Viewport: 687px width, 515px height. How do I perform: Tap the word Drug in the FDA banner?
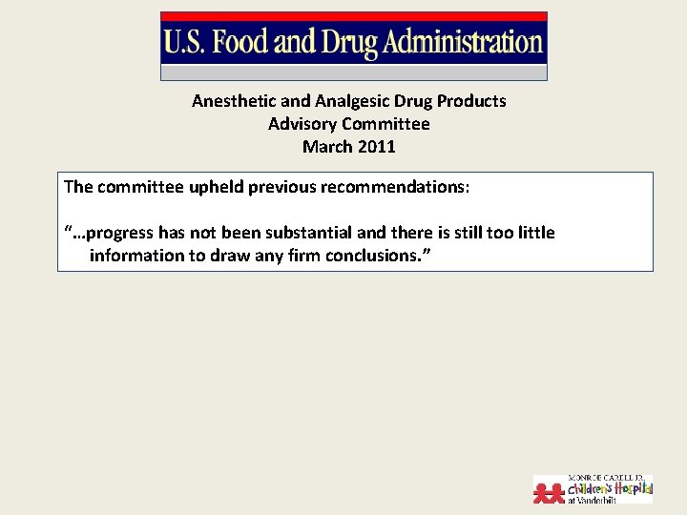pos(351,43)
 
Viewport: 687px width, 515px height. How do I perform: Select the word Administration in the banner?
pos(463,43)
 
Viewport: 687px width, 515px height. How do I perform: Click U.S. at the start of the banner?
pos(187,43)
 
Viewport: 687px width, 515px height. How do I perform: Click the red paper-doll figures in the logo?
pos(550,491)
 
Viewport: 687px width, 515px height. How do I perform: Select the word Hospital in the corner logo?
pos(632,489)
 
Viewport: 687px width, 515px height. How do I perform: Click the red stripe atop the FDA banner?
pos(353,16)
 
